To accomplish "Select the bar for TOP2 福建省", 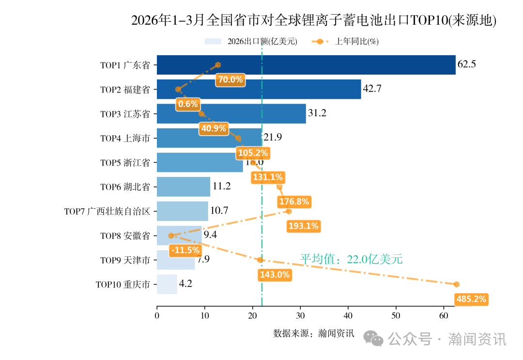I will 259,89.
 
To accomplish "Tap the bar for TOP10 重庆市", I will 167,284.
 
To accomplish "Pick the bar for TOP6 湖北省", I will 184,187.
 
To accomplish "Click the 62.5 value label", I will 466,64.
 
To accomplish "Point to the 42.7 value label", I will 372,89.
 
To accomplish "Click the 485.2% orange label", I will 471,299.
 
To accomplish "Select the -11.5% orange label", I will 185,250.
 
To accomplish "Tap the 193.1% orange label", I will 303,226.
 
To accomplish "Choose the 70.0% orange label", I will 231,80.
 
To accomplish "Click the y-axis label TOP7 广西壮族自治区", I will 108,211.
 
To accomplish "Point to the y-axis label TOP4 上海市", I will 125,138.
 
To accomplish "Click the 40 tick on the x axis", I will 348,316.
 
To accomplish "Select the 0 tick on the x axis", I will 157,316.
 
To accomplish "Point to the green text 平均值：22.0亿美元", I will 351,259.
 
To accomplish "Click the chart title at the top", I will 314,21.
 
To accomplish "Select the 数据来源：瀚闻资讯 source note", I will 314,333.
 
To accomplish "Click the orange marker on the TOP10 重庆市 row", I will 456,284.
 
